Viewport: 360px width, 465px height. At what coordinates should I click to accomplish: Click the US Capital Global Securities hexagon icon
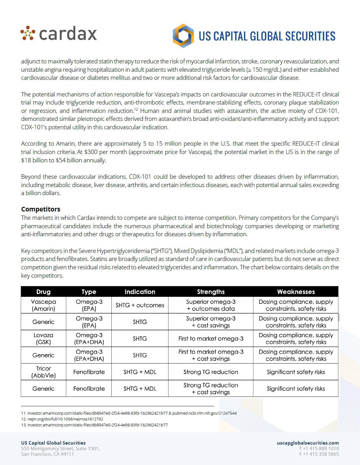click(x=183, y=36)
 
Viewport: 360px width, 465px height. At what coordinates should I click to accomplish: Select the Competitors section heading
click(x=41, y=209)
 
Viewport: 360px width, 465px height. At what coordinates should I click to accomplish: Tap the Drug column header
click(x=43, y=292)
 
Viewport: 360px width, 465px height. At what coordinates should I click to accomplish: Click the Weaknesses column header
click(x=296, y=292)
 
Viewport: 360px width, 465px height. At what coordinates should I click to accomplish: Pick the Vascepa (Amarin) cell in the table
click(x=43, y=305)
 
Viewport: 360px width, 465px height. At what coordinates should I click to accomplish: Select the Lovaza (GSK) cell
click(x=43, y=339)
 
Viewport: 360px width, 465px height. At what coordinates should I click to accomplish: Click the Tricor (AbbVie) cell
click(x=43, y=372)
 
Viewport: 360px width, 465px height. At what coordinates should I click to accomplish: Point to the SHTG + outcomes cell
click(x=140, y=305)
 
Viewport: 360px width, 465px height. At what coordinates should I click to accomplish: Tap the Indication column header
click(x=140, y=292)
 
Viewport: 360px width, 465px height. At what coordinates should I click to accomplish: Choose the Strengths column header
click(x=211, y=292)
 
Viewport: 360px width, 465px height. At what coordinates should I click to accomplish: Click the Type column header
click(x=89, y=292)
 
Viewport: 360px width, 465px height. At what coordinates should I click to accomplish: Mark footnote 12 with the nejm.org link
click(x=62, y=419)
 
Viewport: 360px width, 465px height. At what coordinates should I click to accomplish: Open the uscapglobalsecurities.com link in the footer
click(x=308, y=443)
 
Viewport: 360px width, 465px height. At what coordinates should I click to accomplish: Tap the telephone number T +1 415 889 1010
click(x=319, y=448)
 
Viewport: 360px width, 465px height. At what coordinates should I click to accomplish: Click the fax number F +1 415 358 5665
click(x=319, y=454)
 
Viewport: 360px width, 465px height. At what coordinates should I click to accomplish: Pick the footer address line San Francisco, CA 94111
click(x=47, y=454)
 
